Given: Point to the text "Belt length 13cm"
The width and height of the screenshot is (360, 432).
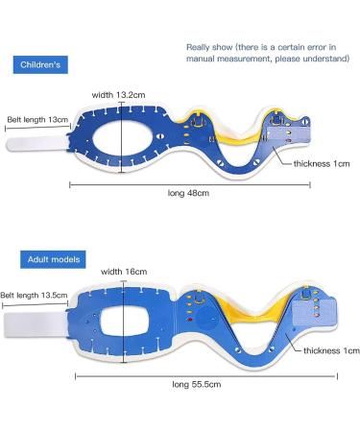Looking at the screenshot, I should click(36, 120).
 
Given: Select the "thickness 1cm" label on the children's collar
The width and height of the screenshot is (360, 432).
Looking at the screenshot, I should click(325, 163).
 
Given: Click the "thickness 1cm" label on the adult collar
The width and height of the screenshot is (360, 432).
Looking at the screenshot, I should click(329, 350).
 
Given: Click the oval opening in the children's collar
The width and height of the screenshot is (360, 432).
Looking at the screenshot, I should click(122, 141).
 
